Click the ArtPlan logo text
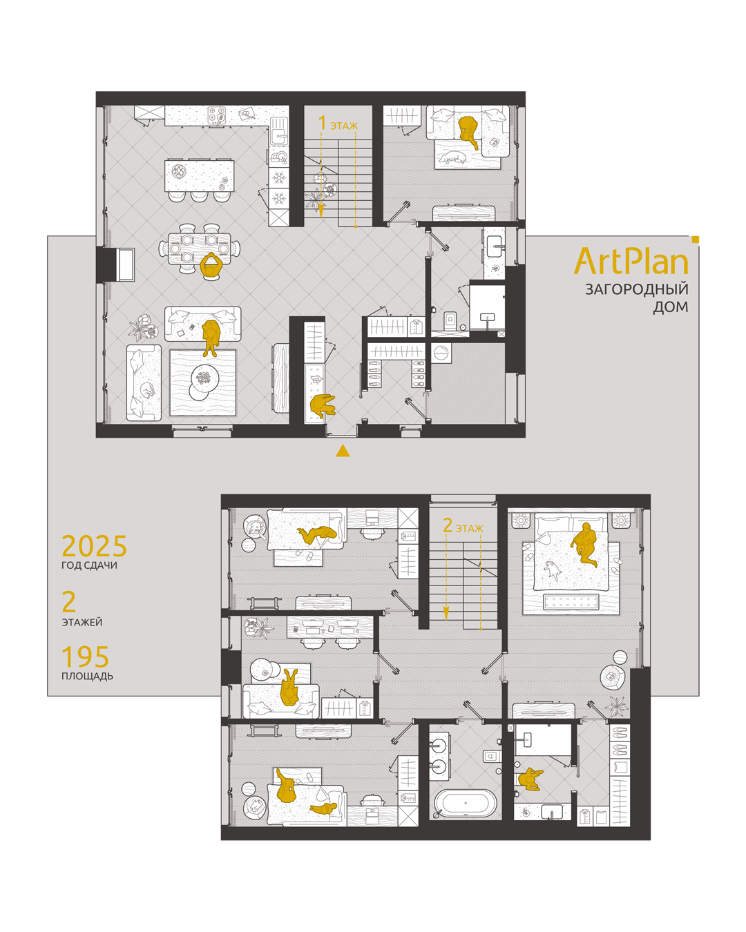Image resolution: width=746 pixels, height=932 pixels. [631, 261]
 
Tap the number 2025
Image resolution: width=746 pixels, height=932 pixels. [94, 546]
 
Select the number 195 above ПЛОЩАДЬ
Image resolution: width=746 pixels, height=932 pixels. [85, 657]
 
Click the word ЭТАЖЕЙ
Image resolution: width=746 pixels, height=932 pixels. [82, 622]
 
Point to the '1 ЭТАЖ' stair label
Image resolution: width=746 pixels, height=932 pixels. [338, 124]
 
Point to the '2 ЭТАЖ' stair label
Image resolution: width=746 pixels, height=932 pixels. [463, 526]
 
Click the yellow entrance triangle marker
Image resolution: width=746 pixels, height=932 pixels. [343, 451]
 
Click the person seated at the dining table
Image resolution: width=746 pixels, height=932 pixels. [211, 264]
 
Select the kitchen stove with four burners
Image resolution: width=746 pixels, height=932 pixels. [216, 116]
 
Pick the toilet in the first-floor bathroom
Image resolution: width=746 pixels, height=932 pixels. [450, 320]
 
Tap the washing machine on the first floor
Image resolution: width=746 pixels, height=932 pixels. [441, 353]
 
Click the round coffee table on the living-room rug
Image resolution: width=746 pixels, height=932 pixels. [204, 378]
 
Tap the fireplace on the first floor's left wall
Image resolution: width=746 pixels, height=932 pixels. [125, 264]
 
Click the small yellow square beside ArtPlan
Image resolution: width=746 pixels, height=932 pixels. [696, 240]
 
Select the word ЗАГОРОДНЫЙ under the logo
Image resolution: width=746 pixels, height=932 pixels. [636, 289]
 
